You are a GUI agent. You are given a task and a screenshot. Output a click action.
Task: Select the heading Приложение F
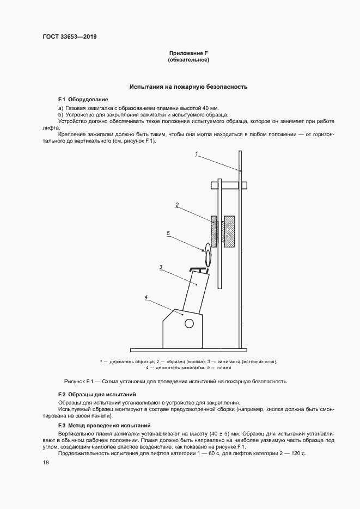tap(188, 53)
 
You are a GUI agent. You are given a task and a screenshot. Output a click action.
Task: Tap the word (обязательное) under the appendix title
tap(188, 60)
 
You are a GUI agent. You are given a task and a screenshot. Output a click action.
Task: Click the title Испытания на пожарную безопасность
tap(188, 87)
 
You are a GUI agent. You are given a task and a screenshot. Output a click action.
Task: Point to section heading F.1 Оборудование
tap(83, 100)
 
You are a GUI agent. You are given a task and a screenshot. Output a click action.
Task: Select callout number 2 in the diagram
tap(177, 205)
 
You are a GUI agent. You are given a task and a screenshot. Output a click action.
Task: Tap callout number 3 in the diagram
tap(161, 267)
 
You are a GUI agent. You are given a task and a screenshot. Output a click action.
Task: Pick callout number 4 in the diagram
tap(146, 297)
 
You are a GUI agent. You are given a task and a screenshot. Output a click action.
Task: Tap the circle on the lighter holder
tap(189, 323)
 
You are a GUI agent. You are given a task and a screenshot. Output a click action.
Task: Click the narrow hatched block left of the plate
tap(214, 231)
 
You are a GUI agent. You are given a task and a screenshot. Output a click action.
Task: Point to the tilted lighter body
tap(195, 294)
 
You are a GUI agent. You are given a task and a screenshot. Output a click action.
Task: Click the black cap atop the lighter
tap(200, 269)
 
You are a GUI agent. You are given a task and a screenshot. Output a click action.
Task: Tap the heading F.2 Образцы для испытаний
tap(97, 394)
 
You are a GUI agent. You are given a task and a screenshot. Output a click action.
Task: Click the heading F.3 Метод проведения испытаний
tap(104, 425)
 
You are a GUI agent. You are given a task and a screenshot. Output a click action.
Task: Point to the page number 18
tap(46, 462)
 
